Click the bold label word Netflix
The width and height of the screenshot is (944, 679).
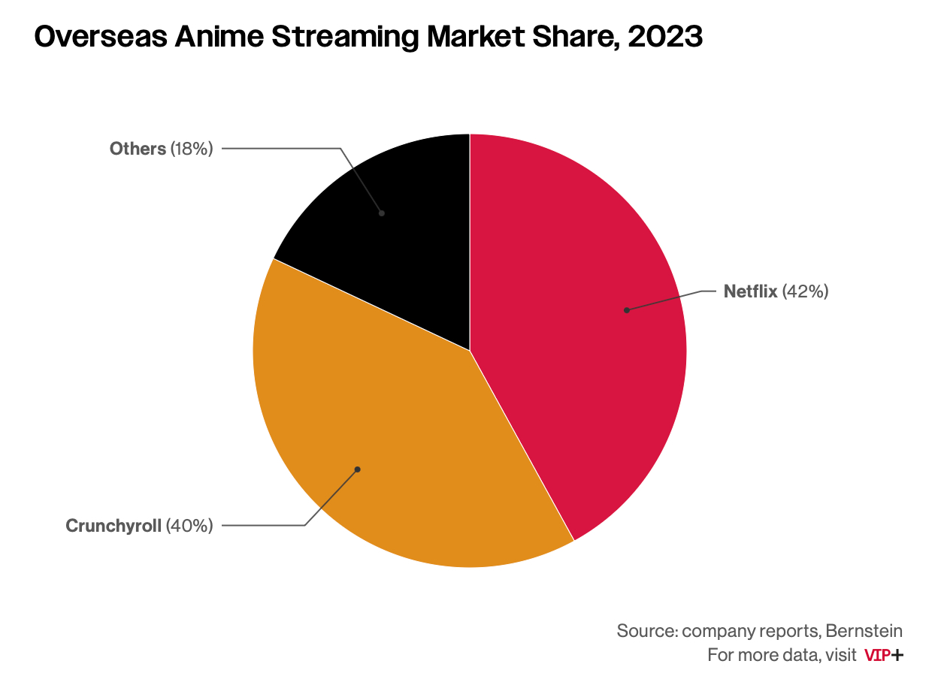[x=750, y=291]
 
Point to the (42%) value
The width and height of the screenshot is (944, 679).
[x=806, y=291]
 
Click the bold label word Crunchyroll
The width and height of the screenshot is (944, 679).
[x=113, y=526]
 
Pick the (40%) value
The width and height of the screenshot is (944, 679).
[x=189, y=526]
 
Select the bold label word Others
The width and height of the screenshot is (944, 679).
[x=138, y=149]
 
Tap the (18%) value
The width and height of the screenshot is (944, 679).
[x=192, y=149]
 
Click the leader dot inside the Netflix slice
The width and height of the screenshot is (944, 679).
[x=626, y=310]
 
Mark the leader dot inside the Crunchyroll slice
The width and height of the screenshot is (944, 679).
[x=358, y=469]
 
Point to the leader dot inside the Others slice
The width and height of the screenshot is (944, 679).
[x=382, y=213]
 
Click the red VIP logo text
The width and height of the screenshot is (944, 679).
[x=877, y=655]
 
